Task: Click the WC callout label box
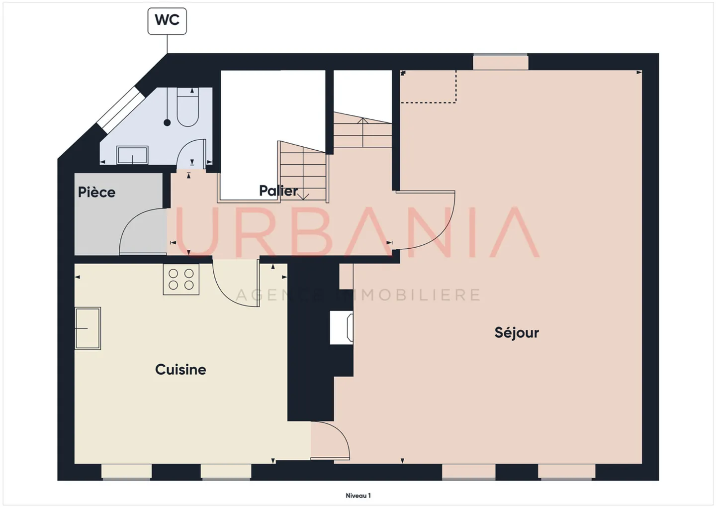coord(167,21)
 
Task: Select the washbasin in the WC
coord(132,155)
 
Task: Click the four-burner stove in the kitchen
coord(181,279)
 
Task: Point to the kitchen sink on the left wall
coord(88,328)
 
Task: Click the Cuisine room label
coord(180,370)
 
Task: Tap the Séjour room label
coord(517,332)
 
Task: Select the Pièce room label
coord(96,193)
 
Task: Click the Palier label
coord(278,191)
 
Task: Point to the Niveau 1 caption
coord(358,496)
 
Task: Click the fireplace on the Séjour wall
coord(342,327)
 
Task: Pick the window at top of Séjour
coord(500,62)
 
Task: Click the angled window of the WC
coord(120,109)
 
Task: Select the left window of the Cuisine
coord(126,472)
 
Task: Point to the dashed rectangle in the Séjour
coord(429,88)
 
